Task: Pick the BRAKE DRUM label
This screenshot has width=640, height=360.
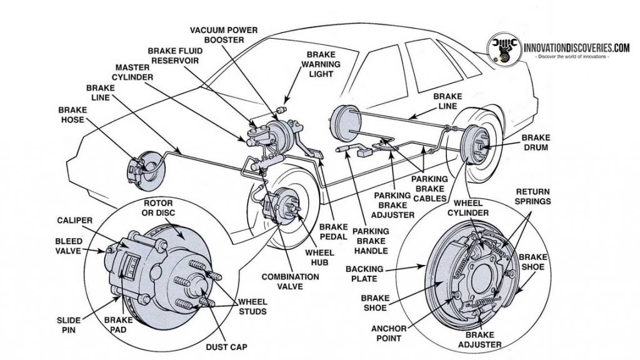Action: click(x=535, y=142)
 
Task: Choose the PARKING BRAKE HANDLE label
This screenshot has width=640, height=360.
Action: click(x=370, y=241)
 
